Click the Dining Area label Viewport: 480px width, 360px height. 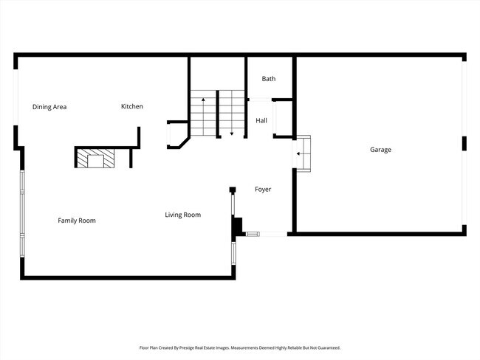[49, 107]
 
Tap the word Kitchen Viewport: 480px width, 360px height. [132, 106]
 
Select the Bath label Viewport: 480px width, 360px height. [268, 78]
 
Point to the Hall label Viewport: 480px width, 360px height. [261, 120]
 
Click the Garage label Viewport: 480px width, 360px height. [380, 150]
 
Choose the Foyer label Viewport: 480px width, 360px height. [263, 190]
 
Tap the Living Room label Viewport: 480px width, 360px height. [182, 215]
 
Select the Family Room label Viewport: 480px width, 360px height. [77, 221]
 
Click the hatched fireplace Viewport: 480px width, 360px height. [95, 159]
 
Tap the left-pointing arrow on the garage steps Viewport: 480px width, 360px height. [300, 153]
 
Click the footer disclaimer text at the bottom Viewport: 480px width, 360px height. [240, 347]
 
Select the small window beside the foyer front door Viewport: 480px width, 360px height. [253, 235]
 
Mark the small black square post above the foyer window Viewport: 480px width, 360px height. [232, 190]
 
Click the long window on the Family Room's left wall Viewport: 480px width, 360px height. [22, 214]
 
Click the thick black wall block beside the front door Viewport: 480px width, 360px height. [238, 226]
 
